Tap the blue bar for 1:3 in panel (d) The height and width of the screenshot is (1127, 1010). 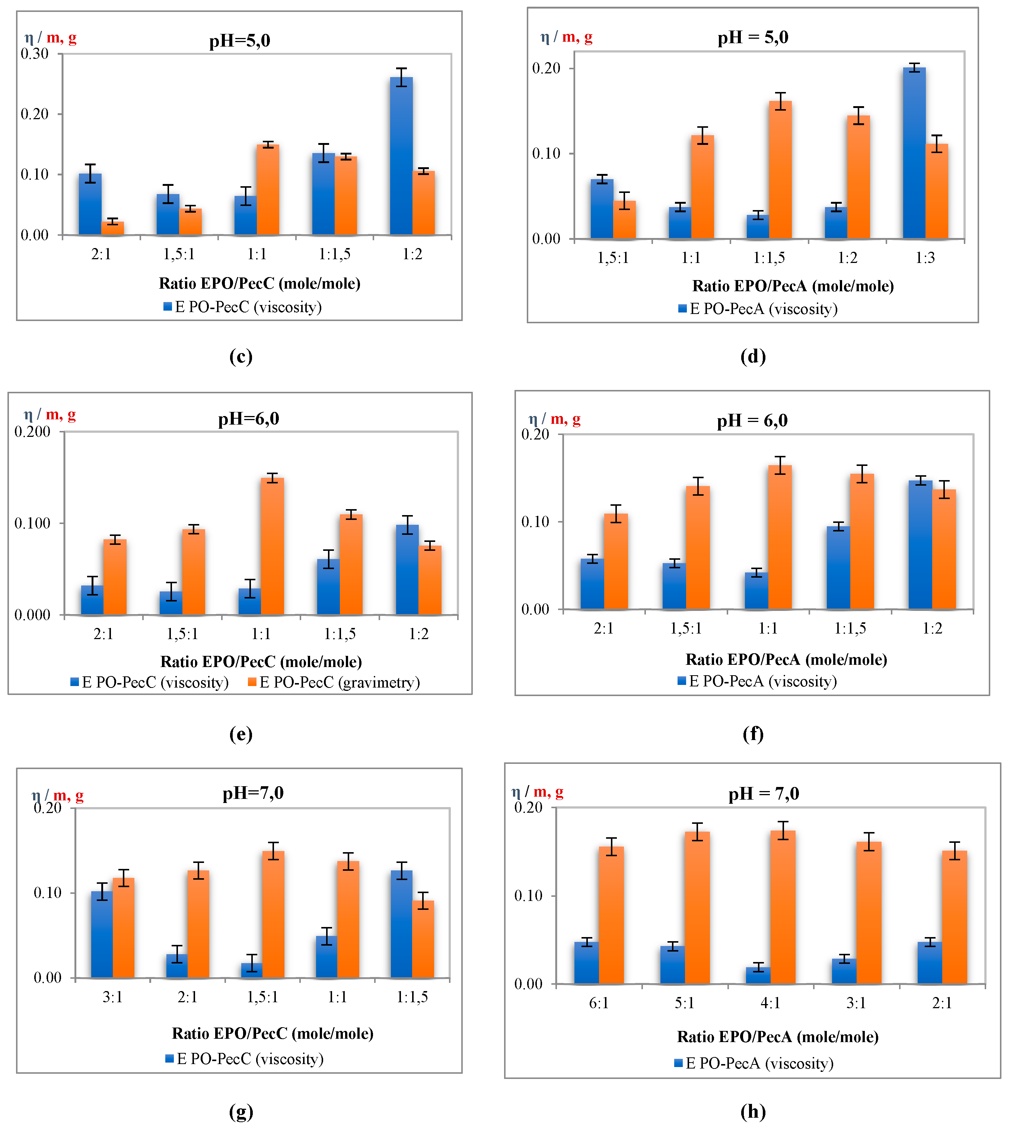(914, 153)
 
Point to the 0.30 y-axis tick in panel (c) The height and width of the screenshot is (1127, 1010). (34, 54)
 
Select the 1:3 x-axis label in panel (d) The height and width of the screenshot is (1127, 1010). (925, 258)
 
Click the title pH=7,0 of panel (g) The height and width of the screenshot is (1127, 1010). (253, 793)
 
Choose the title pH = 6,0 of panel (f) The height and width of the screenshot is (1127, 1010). (752, 421)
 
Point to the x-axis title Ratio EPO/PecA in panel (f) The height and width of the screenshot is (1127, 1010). (786, 660)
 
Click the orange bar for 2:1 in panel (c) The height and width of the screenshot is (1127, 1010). (112, 228)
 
